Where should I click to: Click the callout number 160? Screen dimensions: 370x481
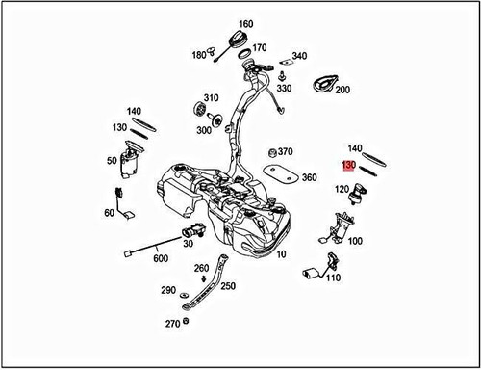[x=245, y=24]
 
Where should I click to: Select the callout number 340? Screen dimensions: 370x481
[x=299, y=56]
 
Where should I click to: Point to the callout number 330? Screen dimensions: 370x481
[x=284, y=88]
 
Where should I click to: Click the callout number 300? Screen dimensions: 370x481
[x=203, y=129]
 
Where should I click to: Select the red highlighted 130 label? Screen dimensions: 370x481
[x=349, y=165]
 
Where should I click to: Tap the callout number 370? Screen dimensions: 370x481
[x=287, y=151]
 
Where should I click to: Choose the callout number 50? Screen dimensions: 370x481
[x=112, y=160]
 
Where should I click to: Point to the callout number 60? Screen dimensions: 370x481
[x=108, y=212]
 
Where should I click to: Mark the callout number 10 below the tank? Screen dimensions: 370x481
[x=281, y=256]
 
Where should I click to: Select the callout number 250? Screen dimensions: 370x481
[x=228, y=285]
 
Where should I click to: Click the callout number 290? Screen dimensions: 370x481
[x=168, y=289]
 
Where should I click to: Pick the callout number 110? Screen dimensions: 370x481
[x=334, y=278]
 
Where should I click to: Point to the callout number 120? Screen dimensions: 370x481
[x=342, y=190]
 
